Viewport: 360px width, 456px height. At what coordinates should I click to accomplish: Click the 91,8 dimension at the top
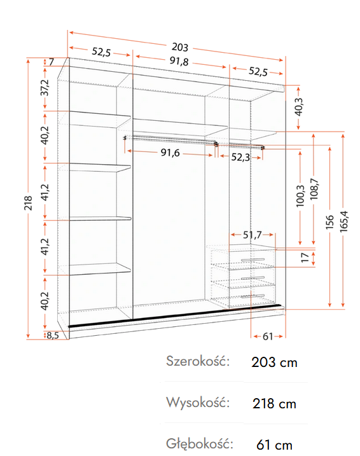(179, 61)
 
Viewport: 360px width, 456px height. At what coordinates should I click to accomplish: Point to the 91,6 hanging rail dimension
(170, 153)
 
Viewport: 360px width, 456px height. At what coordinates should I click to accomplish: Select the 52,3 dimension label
(240, 157)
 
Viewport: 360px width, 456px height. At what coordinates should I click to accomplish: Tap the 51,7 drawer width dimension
(253, 235)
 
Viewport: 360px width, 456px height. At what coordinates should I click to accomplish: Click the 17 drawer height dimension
(305, 258)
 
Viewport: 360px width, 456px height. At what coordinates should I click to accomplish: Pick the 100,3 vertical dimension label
(300, 197)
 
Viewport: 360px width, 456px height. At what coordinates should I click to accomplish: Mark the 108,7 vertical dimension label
(314, 189)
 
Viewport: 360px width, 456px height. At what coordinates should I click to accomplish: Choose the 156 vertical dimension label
(329, 222)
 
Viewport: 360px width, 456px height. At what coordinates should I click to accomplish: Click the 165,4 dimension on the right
(343, 221)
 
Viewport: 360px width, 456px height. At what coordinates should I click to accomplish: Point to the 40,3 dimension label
(299, 107)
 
